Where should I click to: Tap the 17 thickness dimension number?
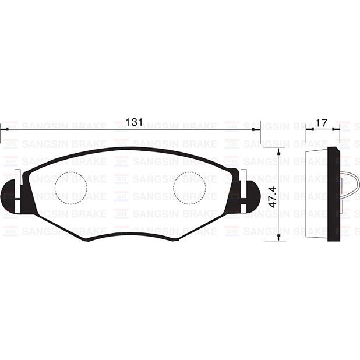(321, 122)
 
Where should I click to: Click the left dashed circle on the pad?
(70, 189)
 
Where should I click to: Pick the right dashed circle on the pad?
(189, 189)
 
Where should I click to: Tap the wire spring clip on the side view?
(351, 185)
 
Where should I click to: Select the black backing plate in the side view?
(334, 195)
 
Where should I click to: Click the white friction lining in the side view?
(317, 195)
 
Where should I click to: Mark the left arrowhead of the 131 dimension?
(3, 130)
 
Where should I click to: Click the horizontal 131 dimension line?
(192, 130)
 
